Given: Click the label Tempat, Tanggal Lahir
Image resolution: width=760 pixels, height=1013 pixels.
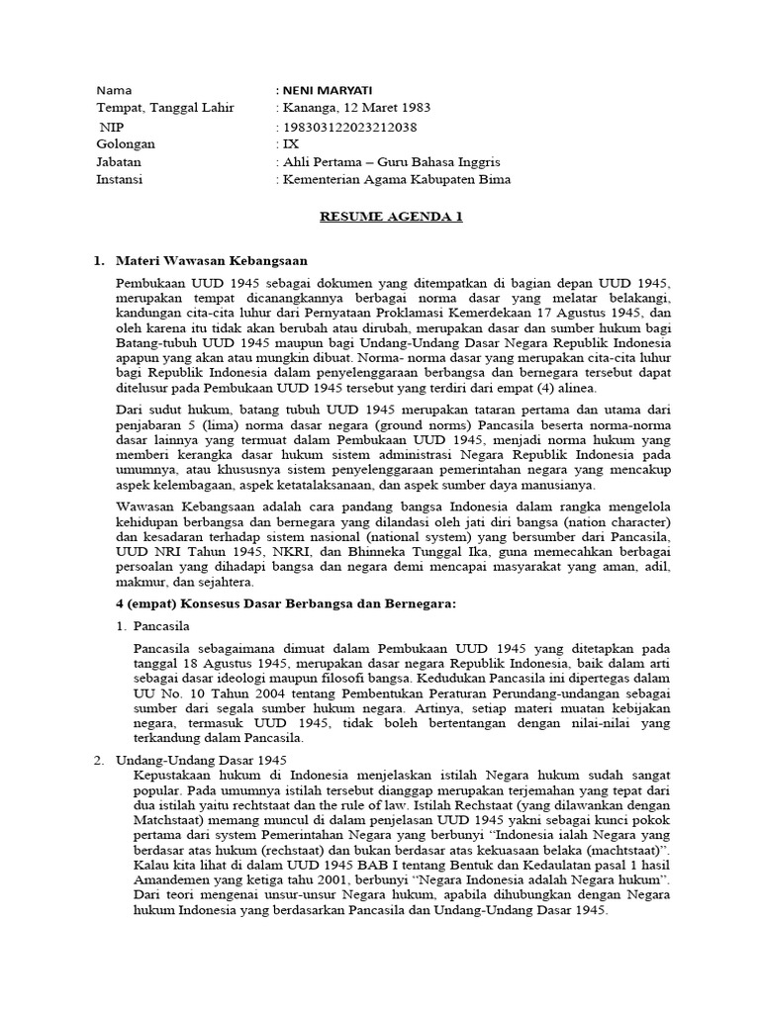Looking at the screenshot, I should click(164, 108).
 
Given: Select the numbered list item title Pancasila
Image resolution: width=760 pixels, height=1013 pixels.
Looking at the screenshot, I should click(160, 626).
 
